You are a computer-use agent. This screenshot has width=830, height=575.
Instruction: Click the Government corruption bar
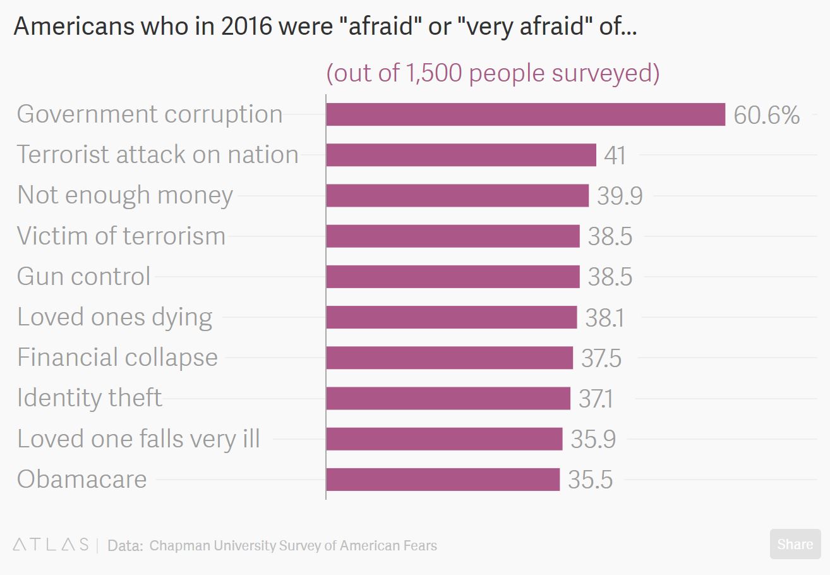pyautogui.click(x=526, y=114)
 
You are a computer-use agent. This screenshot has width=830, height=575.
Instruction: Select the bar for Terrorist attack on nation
pyautogui.click(x=461, y=155)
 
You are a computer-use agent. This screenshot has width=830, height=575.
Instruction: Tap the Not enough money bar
pyautogui.click(x=457, y=195)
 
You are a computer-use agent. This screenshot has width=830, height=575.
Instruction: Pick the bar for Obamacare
pyautogui.click(x=443, y=480)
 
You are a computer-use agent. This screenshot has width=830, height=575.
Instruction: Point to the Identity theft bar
pyautogui.click(x=448, y=398)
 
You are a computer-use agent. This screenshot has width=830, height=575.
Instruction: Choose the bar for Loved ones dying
pyautogui.click(x=452, y=317)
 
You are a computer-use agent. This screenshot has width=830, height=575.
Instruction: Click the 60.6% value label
pyautogui.click(x=767, y=115)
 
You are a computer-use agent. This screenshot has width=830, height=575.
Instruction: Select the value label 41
pyautogui.click(x=615, y=155)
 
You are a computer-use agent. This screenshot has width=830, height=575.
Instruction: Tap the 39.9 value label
pyautogui.click(x=620, y=196)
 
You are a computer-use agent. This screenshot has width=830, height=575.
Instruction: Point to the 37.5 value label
pyautogui.click(x=601, y=358)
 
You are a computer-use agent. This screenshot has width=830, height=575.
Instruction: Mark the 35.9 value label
pyautogui.click(x=593, y=439)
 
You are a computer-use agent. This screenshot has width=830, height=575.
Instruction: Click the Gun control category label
pyautogui.click(x=84, y=277)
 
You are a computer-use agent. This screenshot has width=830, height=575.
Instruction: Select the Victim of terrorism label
pyautogui.click(x=121, y=236)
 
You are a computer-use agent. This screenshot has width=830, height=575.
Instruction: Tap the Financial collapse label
pyautogui.click(x=117, y=358)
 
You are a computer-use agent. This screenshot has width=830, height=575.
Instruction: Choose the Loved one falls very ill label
pyautogui.click(x=138, y=439)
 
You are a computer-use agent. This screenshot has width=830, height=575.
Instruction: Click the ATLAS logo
pyautogui.click(x=51, y=545)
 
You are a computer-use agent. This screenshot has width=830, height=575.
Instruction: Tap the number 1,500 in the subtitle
pyautogui.click(x=433, y=73)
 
